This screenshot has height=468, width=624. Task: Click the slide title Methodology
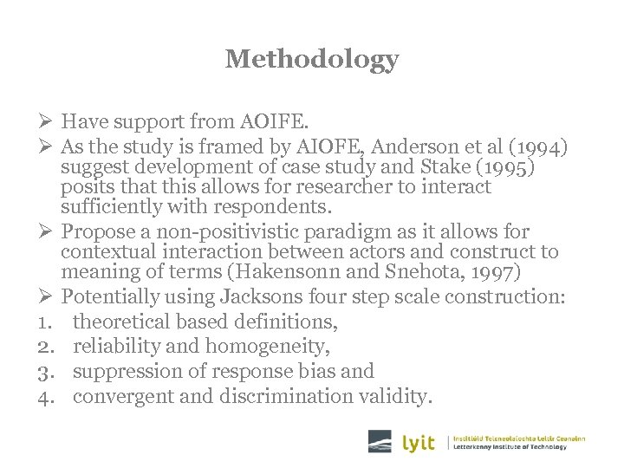(x=312, y=59)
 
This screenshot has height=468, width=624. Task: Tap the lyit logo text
(x=419, y=443)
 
